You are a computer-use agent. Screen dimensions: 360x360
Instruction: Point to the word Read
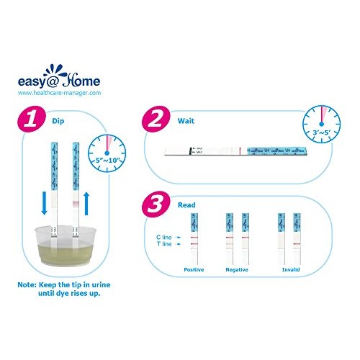coord(186,204)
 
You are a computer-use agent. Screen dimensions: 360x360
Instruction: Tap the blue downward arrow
coord(43,202)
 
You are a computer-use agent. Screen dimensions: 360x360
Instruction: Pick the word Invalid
coord(291,269)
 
